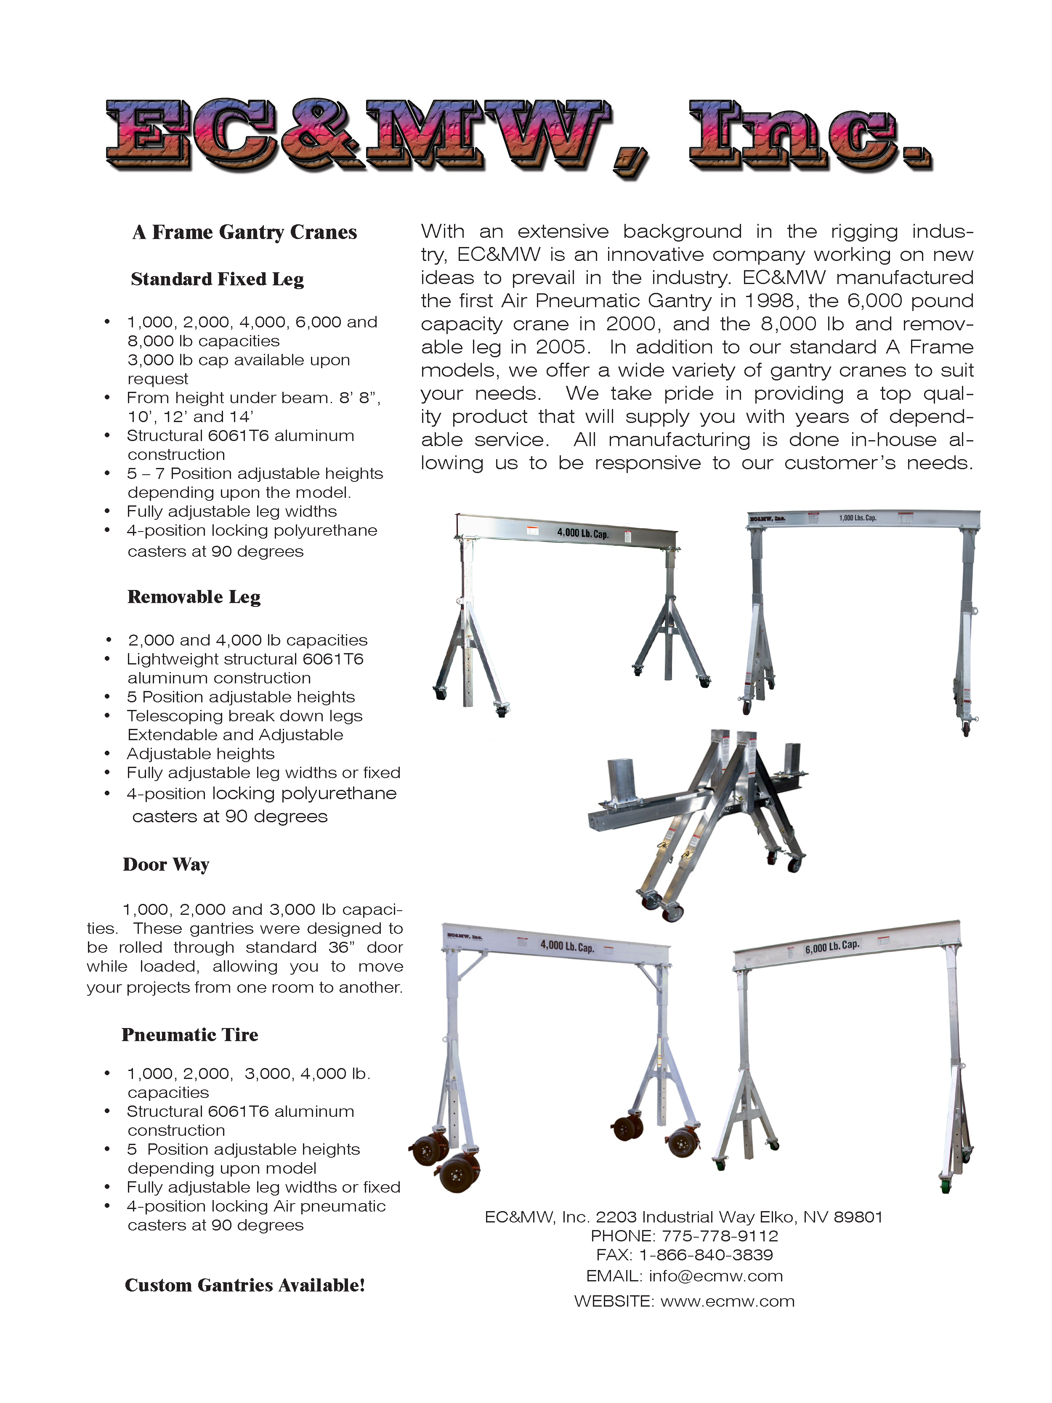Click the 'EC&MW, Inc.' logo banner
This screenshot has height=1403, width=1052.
point(519,136)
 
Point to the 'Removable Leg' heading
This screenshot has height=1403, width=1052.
point(194,597)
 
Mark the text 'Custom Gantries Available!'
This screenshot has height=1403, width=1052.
point(245,1286)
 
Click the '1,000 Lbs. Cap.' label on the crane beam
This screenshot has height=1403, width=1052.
point(857,518)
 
